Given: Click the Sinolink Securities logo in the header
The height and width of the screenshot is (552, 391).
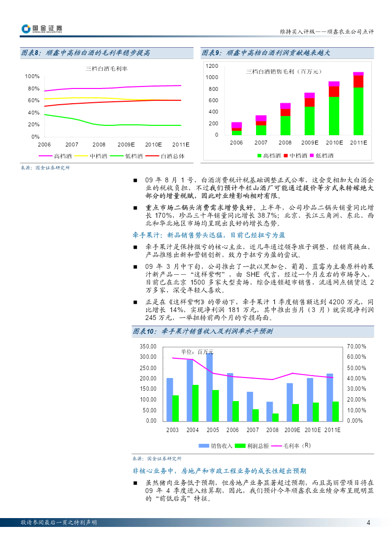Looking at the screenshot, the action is pyautogui.click(x=41, y=29).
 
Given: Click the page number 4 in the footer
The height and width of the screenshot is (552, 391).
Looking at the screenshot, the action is pyautogui.click(x=368, y=523).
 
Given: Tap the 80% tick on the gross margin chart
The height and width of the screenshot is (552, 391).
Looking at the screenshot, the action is pyautogui.click(x=34, y=88).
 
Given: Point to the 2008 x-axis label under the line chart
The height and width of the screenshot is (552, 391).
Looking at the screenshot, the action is pyautogui.click(x=99, y=145).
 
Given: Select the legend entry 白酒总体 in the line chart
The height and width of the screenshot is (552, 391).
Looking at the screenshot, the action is pyautogui.click(x=164, y=156).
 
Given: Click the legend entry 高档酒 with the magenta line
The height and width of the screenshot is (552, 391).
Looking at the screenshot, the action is pyautogui.click(x=55, y=156).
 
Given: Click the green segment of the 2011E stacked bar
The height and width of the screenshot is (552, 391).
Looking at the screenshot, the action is pyautogui.click(x=358, y=111).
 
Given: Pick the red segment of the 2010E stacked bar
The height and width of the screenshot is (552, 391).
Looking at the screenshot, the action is pyautogui.click(x=334, y=91).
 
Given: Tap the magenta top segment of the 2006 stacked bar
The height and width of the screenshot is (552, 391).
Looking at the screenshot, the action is pyautogui.click(x=236, y=125).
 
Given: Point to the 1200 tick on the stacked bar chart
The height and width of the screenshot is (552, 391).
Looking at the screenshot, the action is pyautogui.click(x=212, y=66).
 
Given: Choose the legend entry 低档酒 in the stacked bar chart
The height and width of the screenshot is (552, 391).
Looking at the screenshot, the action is pyautogui.click(x=322, y=156).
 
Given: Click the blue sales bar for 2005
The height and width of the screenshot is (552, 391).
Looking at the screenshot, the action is pyautogui.click(x=209, y=387).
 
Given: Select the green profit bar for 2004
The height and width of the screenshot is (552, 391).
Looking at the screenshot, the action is pyautogui.click(x=195, y=403).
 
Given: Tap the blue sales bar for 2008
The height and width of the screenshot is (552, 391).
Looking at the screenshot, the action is pyautogui.click(x=269, y=411).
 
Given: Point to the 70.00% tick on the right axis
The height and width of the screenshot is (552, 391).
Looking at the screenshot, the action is pyautogui.click(x=357, y=347).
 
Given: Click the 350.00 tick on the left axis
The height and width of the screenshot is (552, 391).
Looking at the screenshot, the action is pyautogui.click(x=148, y=347).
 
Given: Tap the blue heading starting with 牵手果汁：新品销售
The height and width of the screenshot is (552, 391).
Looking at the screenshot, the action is pyautogui.click(x=209, y=235).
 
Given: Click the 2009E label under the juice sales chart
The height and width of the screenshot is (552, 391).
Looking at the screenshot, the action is pyautogui.click(x=293, y=430).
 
